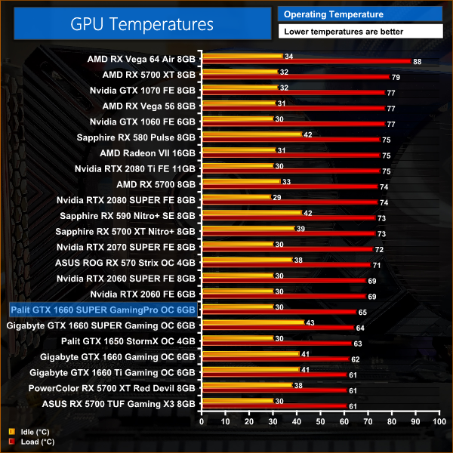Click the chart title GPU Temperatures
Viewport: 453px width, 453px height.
point(142,23)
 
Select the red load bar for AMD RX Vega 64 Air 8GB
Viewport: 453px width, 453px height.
point(306,61)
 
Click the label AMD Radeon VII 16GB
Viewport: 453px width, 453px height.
point(142,152)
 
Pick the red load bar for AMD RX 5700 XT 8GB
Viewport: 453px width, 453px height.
point(294,76)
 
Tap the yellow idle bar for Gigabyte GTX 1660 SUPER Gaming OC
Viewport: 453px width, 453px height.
point(251,322)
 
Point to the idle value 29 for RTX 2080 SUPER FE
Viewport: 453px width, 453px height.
point(276,197)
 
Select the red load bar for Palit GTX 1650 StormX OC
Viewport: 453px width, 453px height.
point(276,343)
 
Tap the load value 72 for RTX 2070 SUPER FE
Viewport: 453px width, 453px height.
point(380,249)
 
